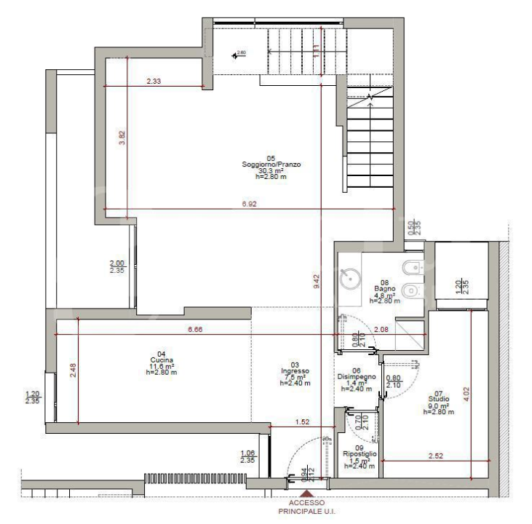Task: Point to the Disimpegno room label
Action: (x=357, y=377)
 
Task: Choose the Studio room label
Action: (x=438, y=400)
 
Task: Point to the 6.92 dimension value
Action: (x=250, y=205)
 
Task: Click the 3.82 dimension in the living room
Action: (x=123, y=138)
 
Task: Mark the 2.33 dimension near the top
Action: (x=154, y=82)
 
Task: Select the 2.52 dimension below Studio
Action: (x=436, y=456)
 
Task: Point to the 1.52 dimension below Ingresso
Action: (x=302, y=421)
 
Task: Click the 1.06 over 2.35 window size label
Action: (x=248, y=456)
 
